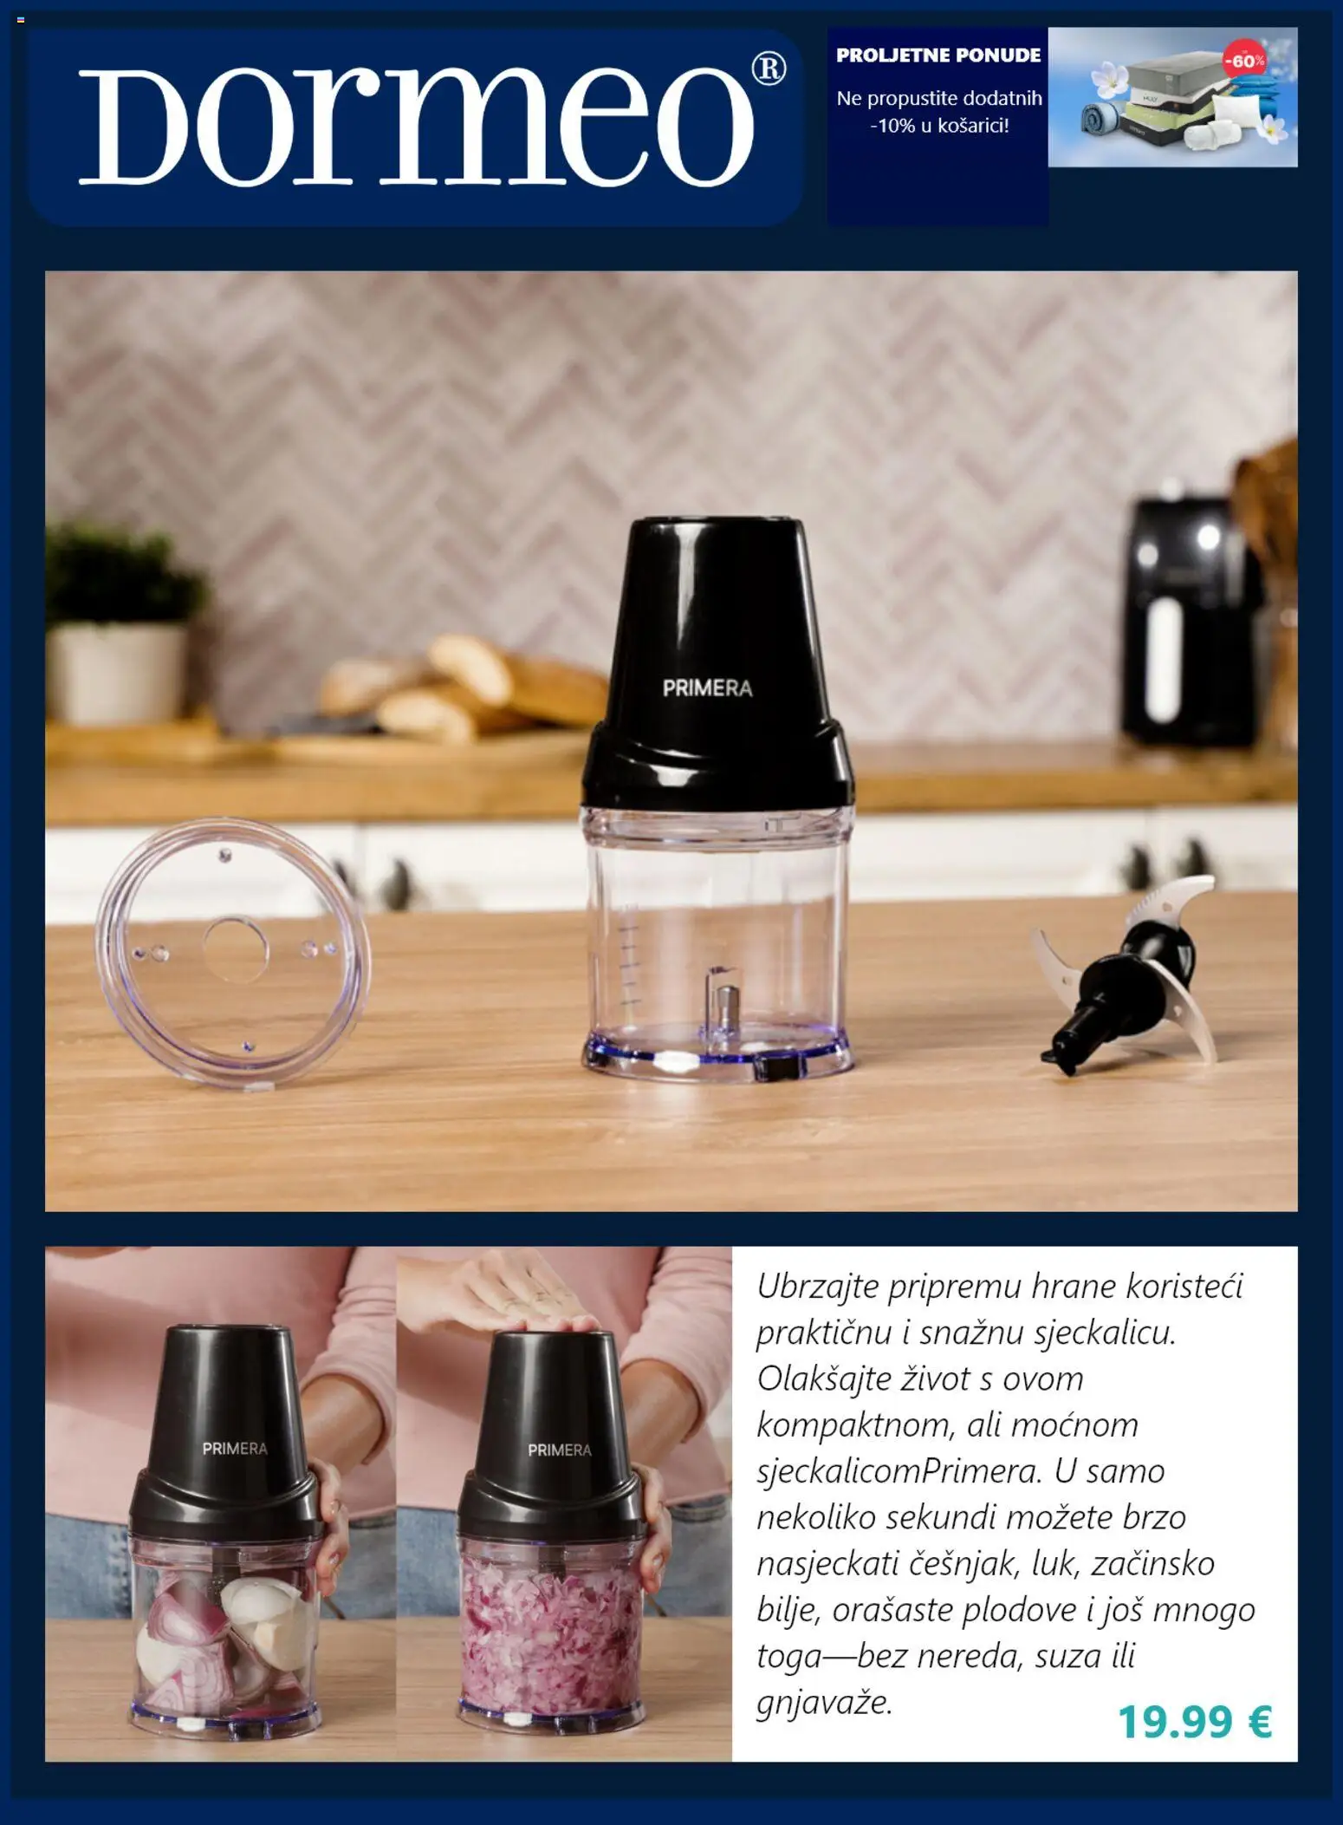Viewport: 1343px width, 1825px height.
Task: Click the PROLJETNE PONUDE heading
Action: [938, 55]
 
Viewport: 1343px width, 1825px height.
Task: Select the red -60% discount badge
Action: [1243, 61]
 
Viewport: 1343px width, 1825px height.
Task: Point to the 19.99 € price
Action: [1194, 1721]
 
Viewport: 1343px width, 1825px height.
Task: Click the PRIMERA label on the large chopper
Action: [707, 688]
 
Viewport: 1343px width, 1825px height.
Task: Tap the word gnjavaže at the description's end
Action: [823, 1703]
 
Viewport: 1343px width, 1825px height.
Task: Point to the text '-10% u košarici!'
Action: [939, 126]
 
